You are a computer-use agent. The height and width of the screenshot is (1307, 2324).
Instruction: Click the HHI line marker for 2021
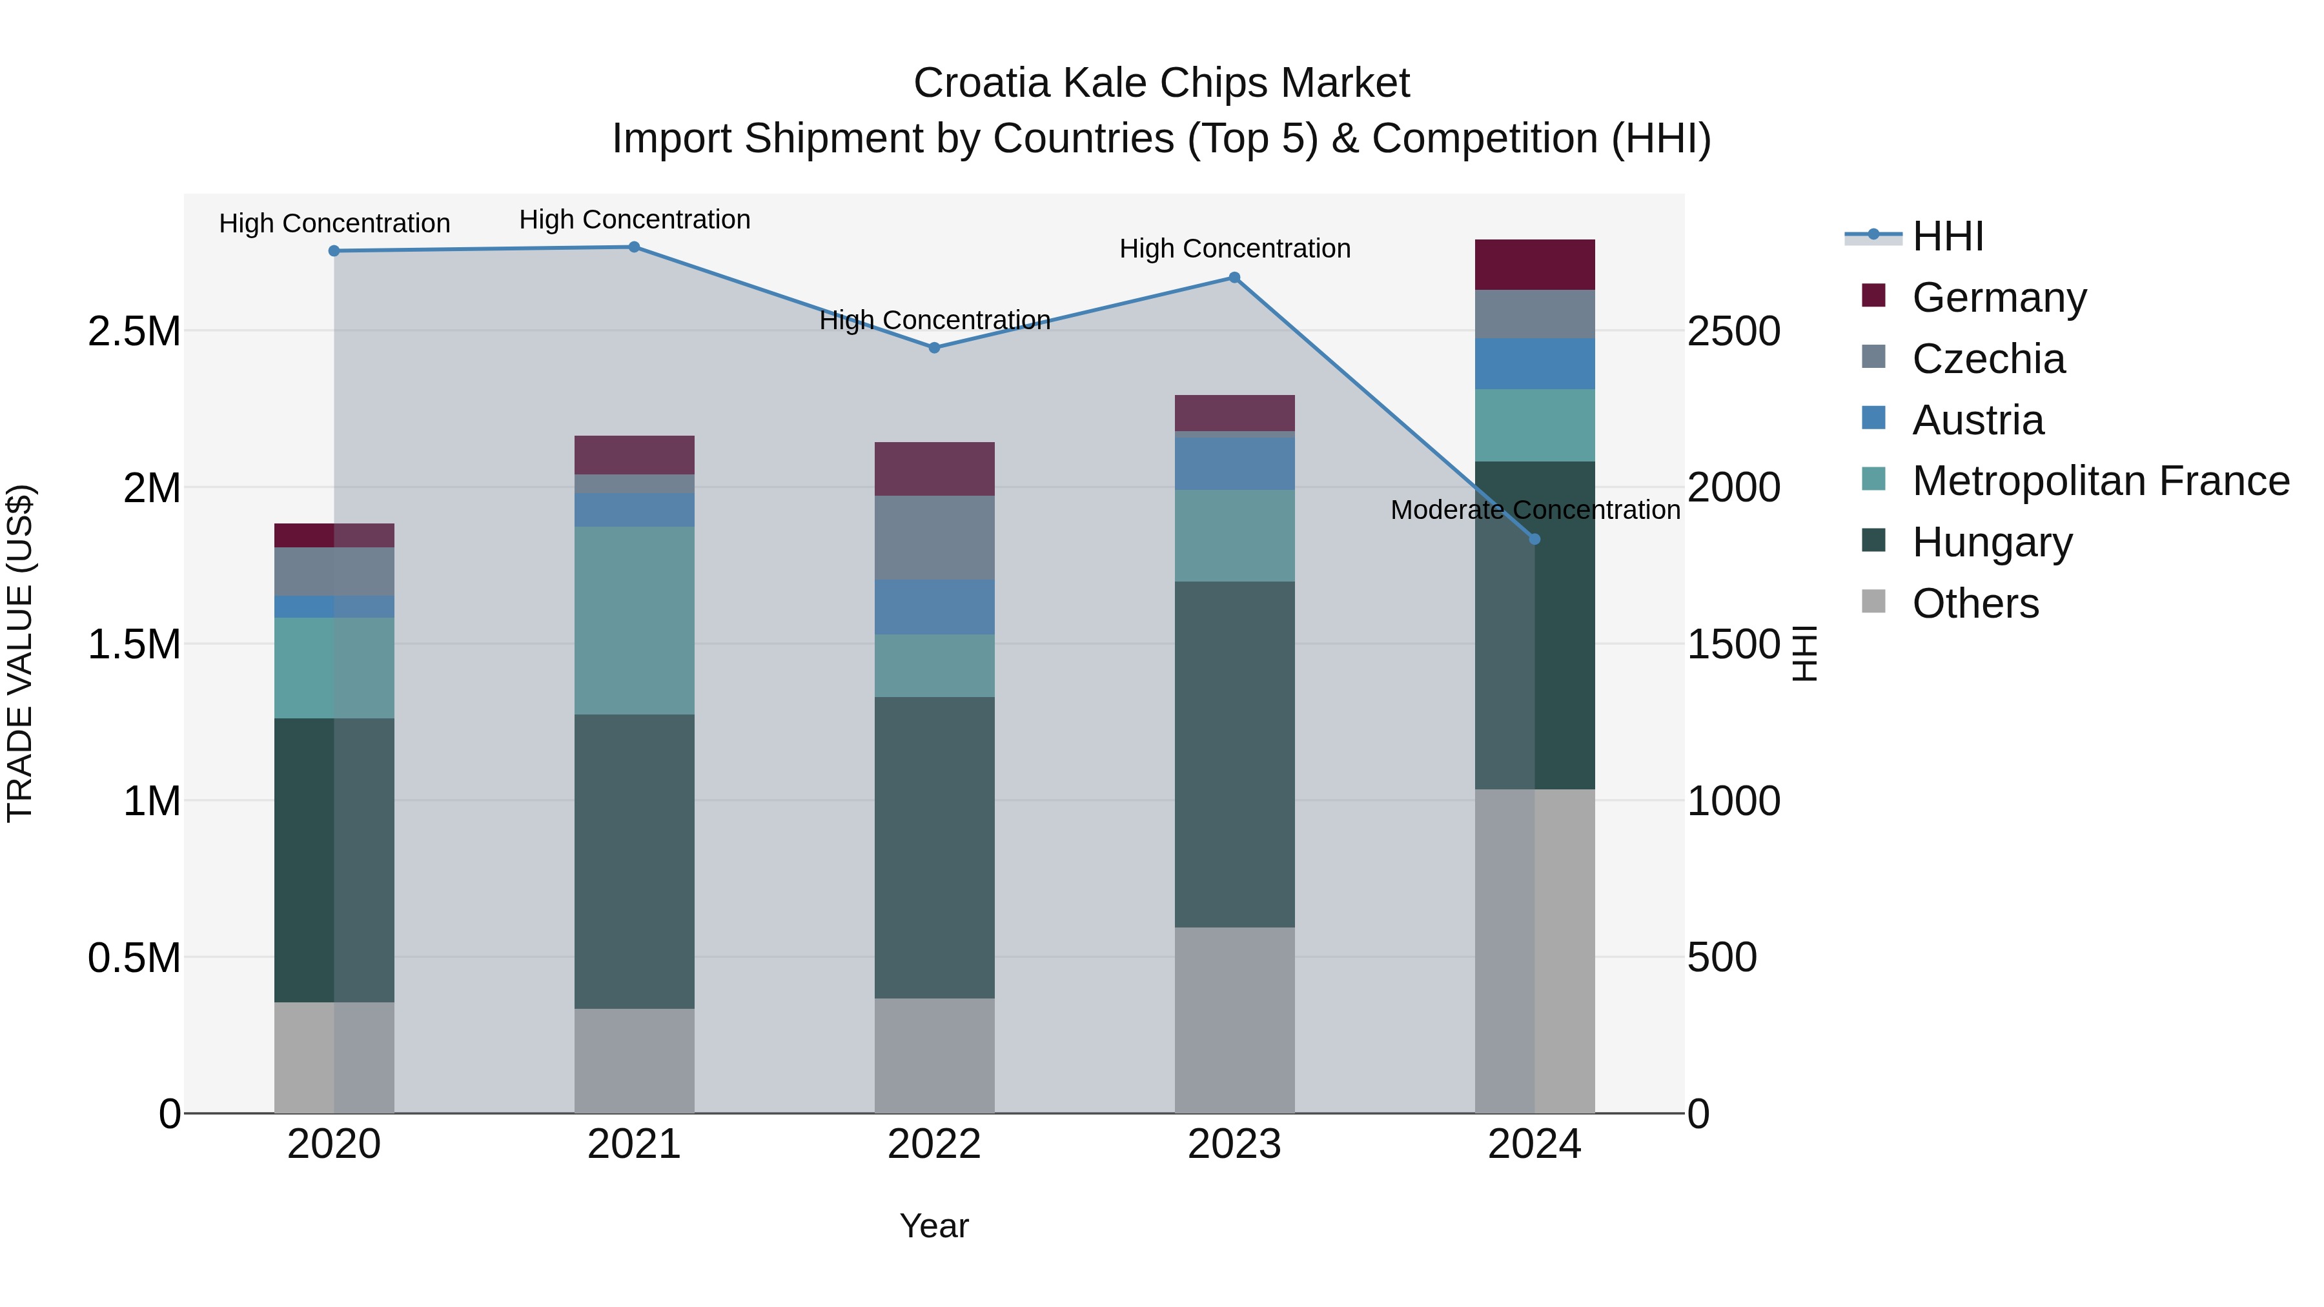634,247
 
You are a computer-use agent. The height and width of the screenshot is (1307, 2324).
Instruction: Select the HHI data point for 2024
1534,540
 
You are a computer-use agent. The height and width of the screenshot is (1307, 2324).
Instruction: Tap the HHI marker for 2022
935,348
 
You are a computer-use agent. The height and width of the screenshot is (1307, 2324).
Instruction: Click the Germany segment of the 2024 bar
1534,265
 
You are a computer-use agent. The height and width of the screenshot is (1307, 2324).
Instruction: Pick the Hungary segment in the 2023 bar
1234,754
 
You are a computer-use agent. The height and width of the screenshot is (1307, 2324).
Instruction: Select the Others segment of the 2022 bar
935,1055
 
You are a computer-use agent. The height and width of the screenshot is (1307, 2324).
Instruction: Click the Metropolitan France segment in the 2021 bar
634,620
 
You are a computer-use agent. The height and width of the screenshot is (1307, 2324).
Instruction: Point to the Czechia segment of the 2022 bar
935,538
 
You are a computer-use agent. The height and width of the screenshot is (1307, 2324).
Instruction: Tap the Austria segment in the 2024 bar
1534,363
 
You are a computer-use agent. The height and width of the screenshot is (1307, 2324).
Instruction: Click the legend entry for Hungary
1992,543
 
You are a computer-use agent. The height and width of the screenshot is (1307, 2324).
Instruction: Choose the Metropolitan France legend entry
2100,481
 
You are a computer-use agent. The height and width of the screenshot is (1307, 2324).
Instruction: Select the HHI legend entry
1947,236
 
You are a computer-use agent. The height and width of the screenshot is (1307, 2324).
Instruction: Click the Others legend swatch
1874,602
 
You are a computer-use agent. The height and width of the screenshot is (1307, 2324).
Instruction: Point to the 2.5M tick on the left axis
134,332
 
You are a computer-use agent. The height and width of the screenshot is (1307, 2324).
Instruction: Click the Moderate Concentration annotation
1534,511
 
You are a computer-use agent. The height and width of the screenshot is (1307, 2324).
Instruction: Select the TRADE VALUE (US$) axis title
20,653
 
